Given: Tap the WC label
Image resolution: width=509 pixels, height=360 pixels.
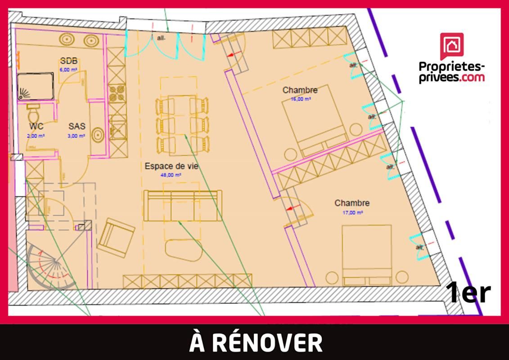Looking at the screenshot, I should pyautogui.click(x=36, y=126).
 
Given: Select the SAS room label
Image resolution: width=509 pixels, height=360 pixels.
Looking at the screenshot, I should pyautogui.click(x=77, y=126).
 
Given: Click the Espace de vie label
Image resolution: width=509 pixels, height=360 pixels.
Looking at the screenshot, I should pyautogui.click(x=171, y=166).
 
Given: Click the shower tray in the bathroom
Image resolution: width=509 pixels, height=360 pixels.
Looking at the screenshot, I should pyautogui.click(x=36, y=87).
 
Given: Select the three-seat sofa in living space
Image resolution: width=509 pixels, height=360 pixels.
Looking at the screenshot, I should pyautogui.click(x=182, y=205).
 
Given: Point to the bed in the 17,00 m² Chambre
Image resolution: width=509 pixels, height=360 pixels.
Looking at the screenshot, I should pyautogui.click(x=367, y=255).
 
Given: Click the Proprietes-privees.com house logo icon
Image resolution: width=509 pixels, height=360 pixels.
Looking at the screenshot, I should pyautogui.click(x=451, y=46).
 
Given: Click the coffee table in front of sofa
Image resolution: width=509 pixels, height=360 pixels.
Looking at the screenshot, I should pyautogui.click(x=184, y=250).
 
